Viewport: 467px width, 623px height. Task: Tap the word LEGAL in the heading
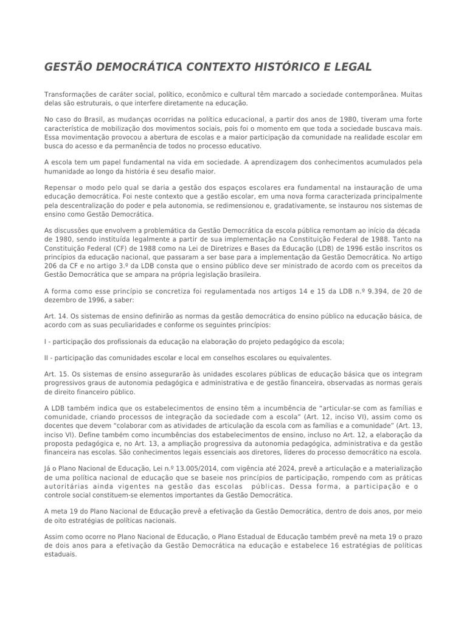pos(351,67)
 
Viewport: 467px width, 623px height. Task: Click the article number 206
pos(51,266)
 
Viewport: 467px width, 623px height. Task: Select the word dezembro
pos(61,300)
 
